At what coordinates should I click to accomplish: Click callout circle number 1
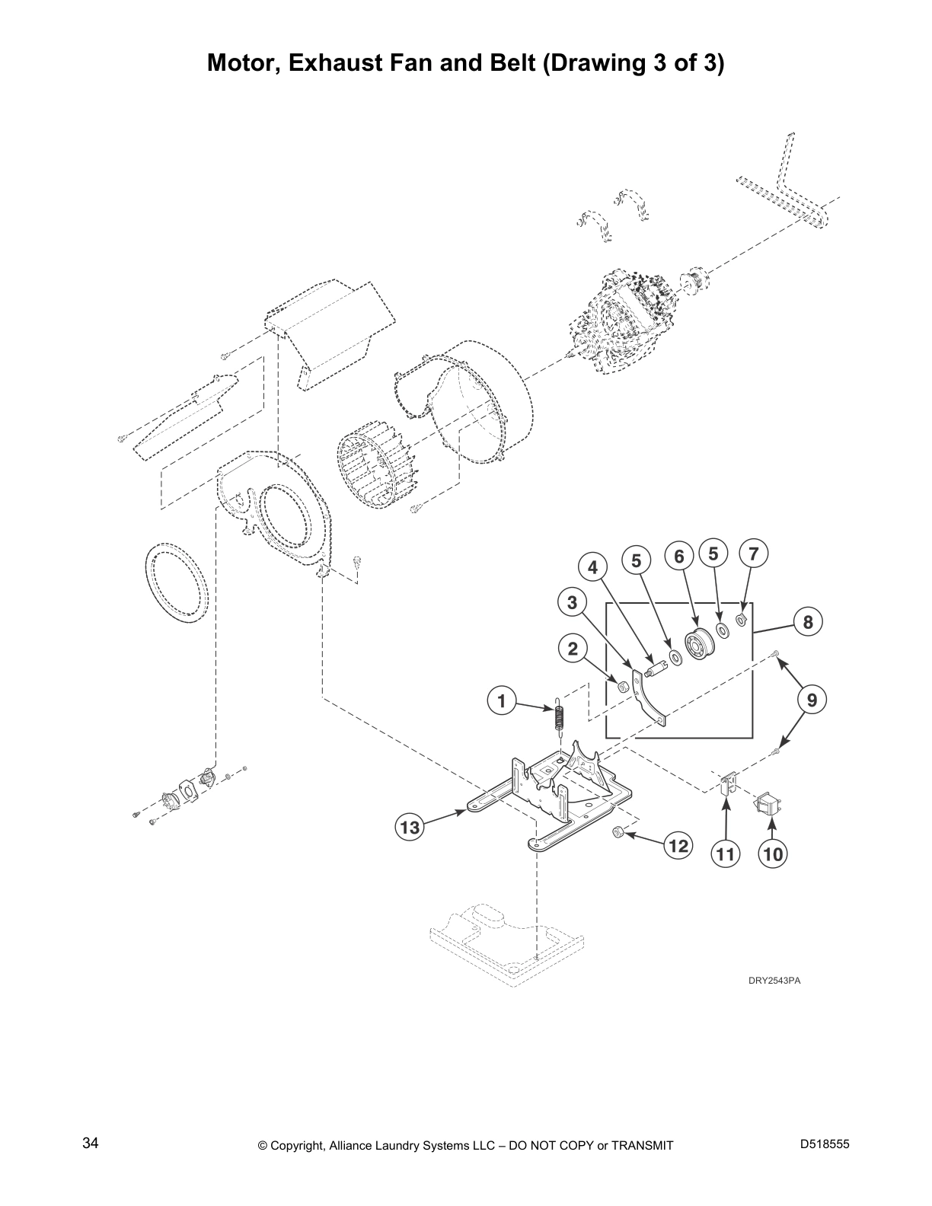click(502, 700)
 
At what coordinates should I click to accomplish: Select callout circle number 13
click(410, 827)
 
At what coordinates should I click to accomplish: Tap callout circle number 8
click(808, 622)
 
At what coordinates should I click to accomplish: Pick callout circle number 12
click(678, 845)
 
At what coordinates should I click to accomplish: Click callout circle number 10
click(772, 853)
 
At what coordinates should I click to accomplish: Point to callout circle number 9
click(812, 699)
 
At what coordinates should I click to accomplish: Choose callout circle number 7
click(753, 554)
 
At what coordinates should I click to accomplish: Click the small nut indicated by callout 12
click(619, 834)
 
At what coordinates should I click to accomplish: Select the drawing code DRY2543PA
click(773, 980)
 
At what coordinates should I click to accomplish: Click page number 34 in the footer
click(91, 1144)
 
